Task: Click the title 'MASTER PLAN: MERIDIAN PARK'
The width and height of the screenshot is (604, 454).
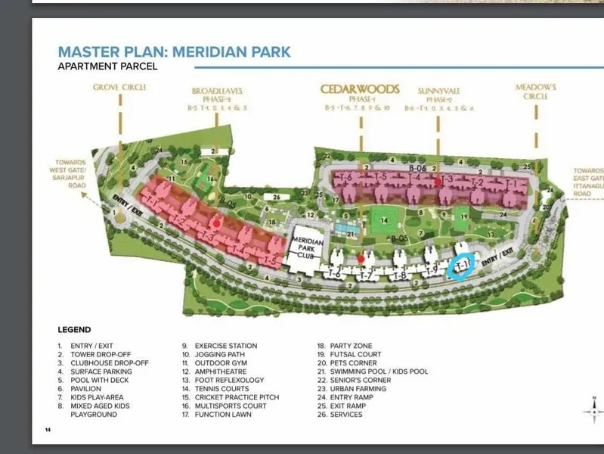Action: (174, 52)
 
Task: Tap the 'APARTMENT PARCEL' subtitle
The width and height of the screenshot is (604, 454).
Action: (107, 67)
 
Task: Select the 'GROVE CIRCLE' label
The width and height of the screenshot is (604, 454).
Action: (119, 88)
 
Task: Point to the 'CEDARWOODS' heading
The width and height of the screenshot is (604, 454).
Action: (360, 89)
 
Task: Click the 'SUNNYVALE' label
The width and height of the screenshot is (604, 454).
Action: (438, 91)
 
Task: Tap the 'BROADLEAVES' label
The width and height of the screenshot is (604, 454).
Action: (217, 91)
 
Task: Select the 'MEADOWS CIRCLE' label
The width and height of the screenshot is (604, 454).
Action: (536, 92)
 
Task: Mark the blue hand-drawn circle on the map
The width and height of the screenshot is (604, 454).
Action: (460, 265)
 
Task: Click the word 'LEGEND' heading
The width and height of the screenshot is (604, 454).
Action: (74, 330)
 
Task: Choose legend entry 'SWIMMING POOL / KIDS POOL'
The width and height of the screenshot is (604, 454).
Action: (379, 372)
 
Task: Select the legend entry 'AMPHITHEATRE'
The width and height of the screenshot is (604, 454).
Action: (219, 372)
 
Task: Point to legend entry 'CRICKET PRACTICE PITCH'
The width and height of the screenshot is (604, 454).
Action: (237, 397)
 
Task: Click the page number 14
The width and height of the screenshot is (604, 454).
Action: (48, 429)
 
